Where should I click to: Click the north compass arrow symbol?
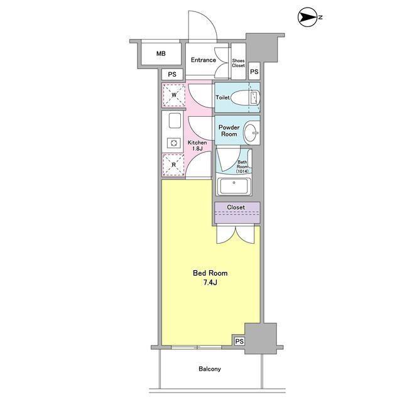point(308,17)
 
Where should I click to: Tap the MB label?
point(161,53)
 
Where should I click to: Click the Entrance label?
point(204,60)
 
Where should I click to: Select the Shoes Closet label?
point(239,63)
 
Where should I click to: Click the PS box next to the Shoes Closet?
point(254,72)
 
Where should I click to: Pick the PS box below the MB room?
point(172,74)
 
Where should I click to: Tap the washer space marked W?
point(174,95)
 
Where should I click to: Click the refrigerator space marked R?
point(173,165)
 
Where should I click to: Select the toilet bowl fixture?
point(246,98)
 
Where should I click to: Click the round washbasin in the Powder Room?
point(251,133)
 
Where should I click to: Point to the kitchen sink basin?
point(175,121)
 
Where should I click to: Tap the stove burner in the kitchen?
point(174,143)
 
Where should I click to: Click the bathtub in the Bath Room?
point(234,186)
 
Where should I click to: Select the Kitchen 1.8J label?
point(197,145)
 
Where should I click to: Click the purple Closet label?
point(236,207)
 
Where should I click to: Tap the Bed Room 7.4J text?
point(210,278)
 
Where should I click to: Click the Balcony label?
point(210,369)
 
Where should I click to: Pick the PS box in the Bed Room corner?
point(239,341)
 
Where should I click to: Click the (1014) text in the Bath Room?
point(242,171)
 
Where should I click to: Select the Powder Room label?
point(229,131)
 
